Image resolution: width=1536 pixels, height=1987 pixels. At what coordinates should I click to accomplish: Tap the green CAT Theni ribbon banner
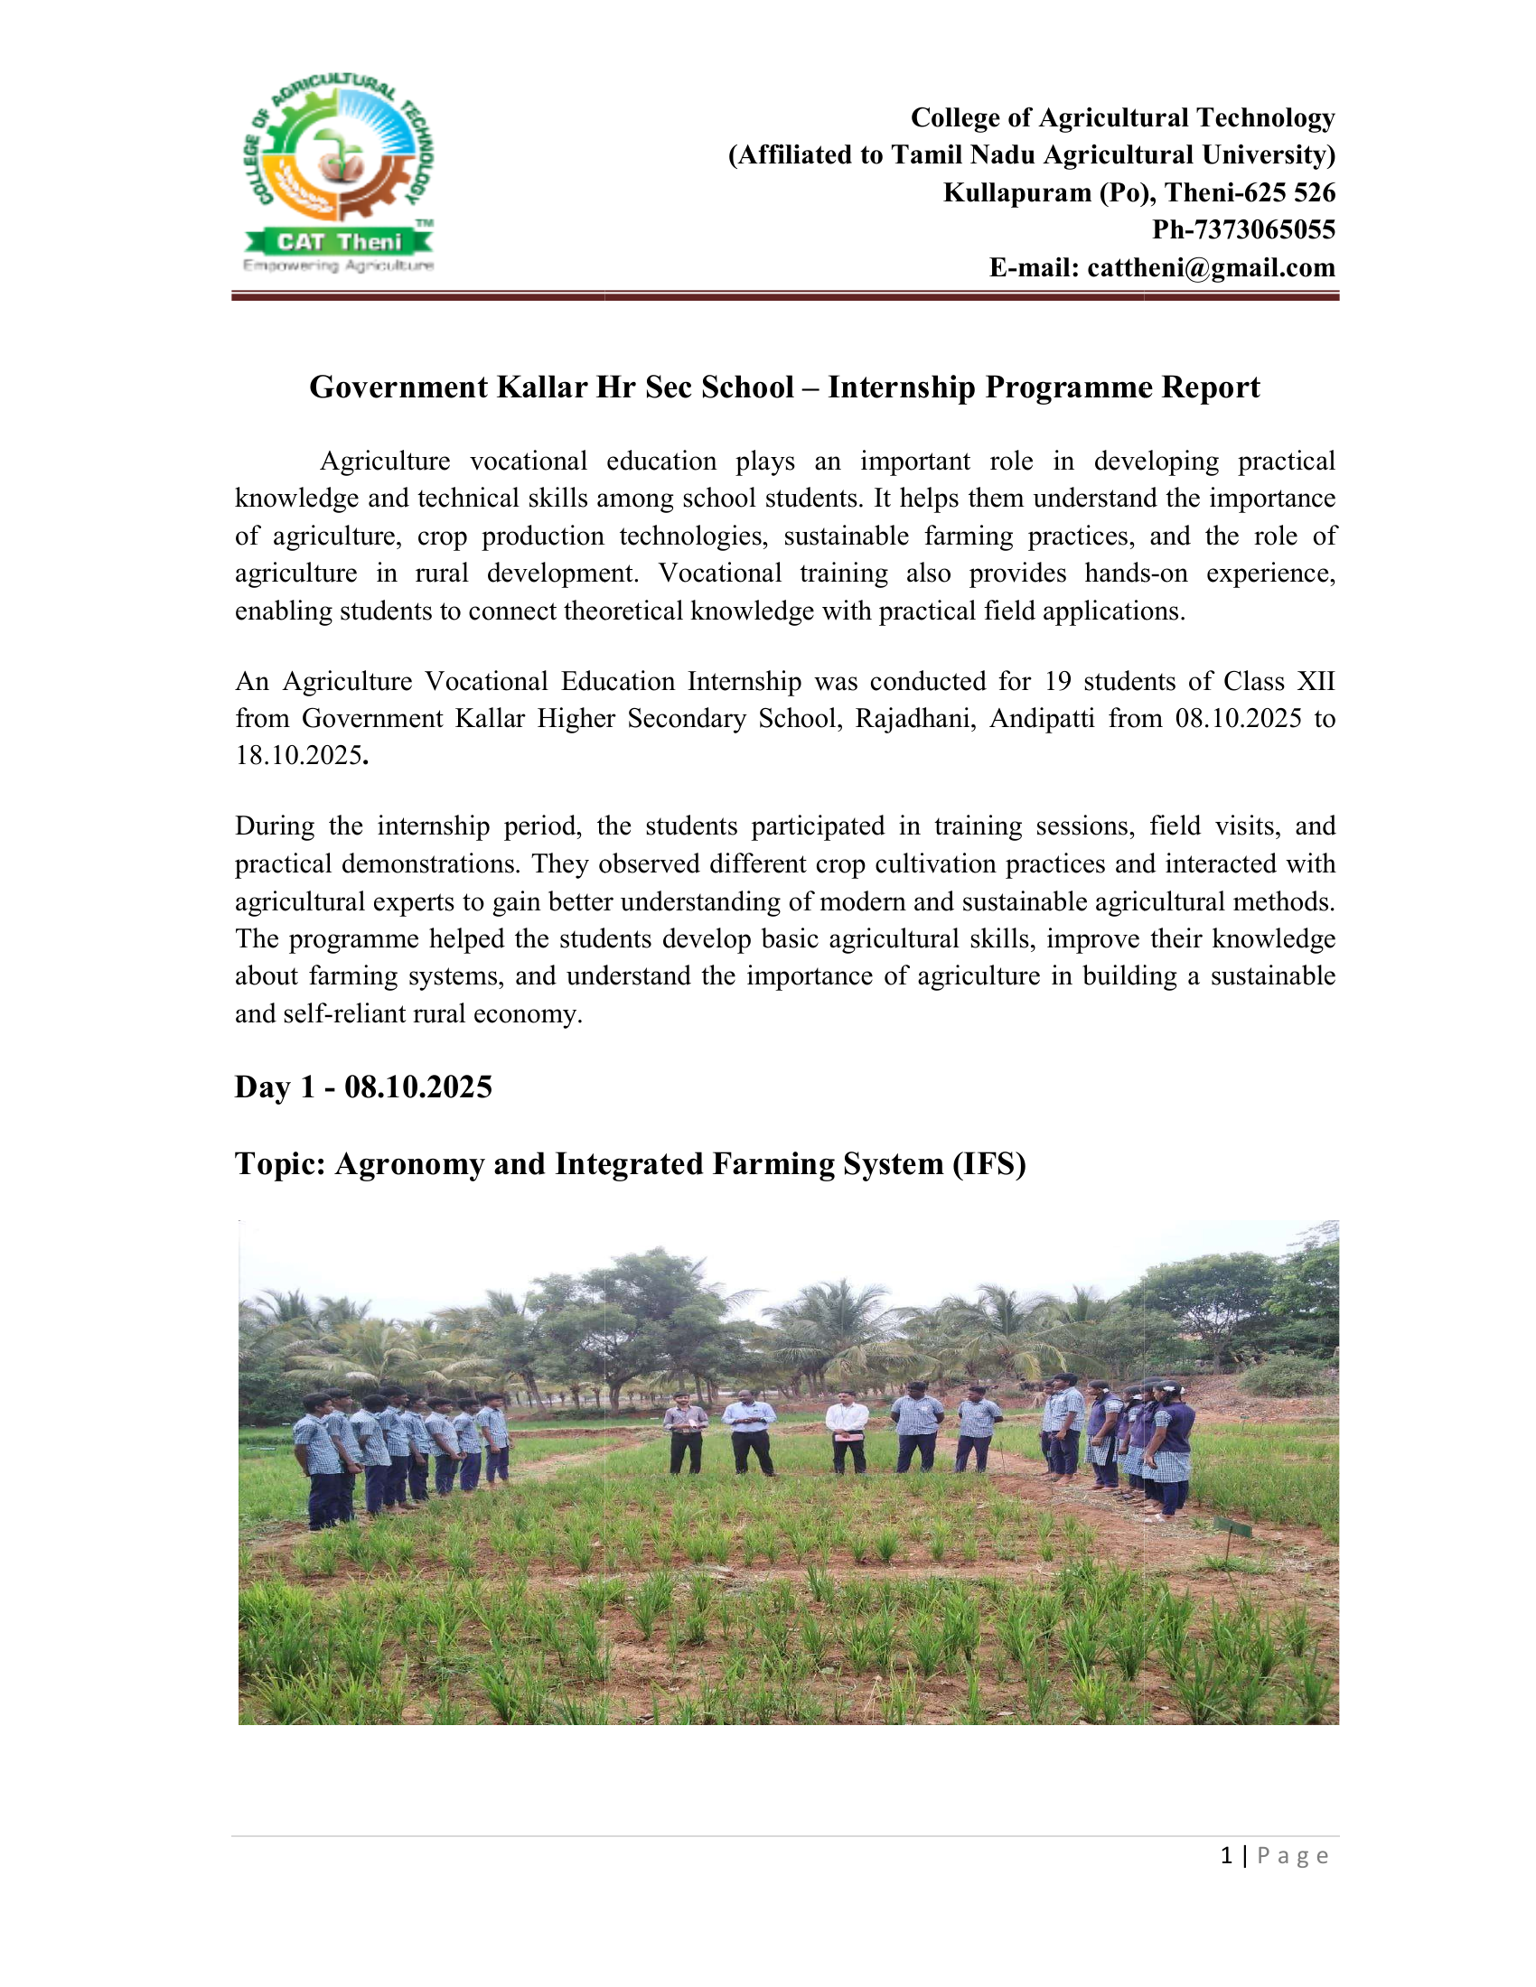(339, 241)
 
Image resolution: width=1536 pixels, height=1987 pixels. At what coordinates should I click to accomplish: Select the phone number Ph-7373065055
(1243, 229)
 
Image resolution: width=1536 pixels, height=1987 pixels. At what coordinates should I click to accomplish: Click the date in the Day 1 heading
(417, 1087)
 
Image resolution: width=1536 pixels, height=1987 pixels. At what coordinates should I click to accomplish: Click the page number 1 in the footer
(1228, 1856)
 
